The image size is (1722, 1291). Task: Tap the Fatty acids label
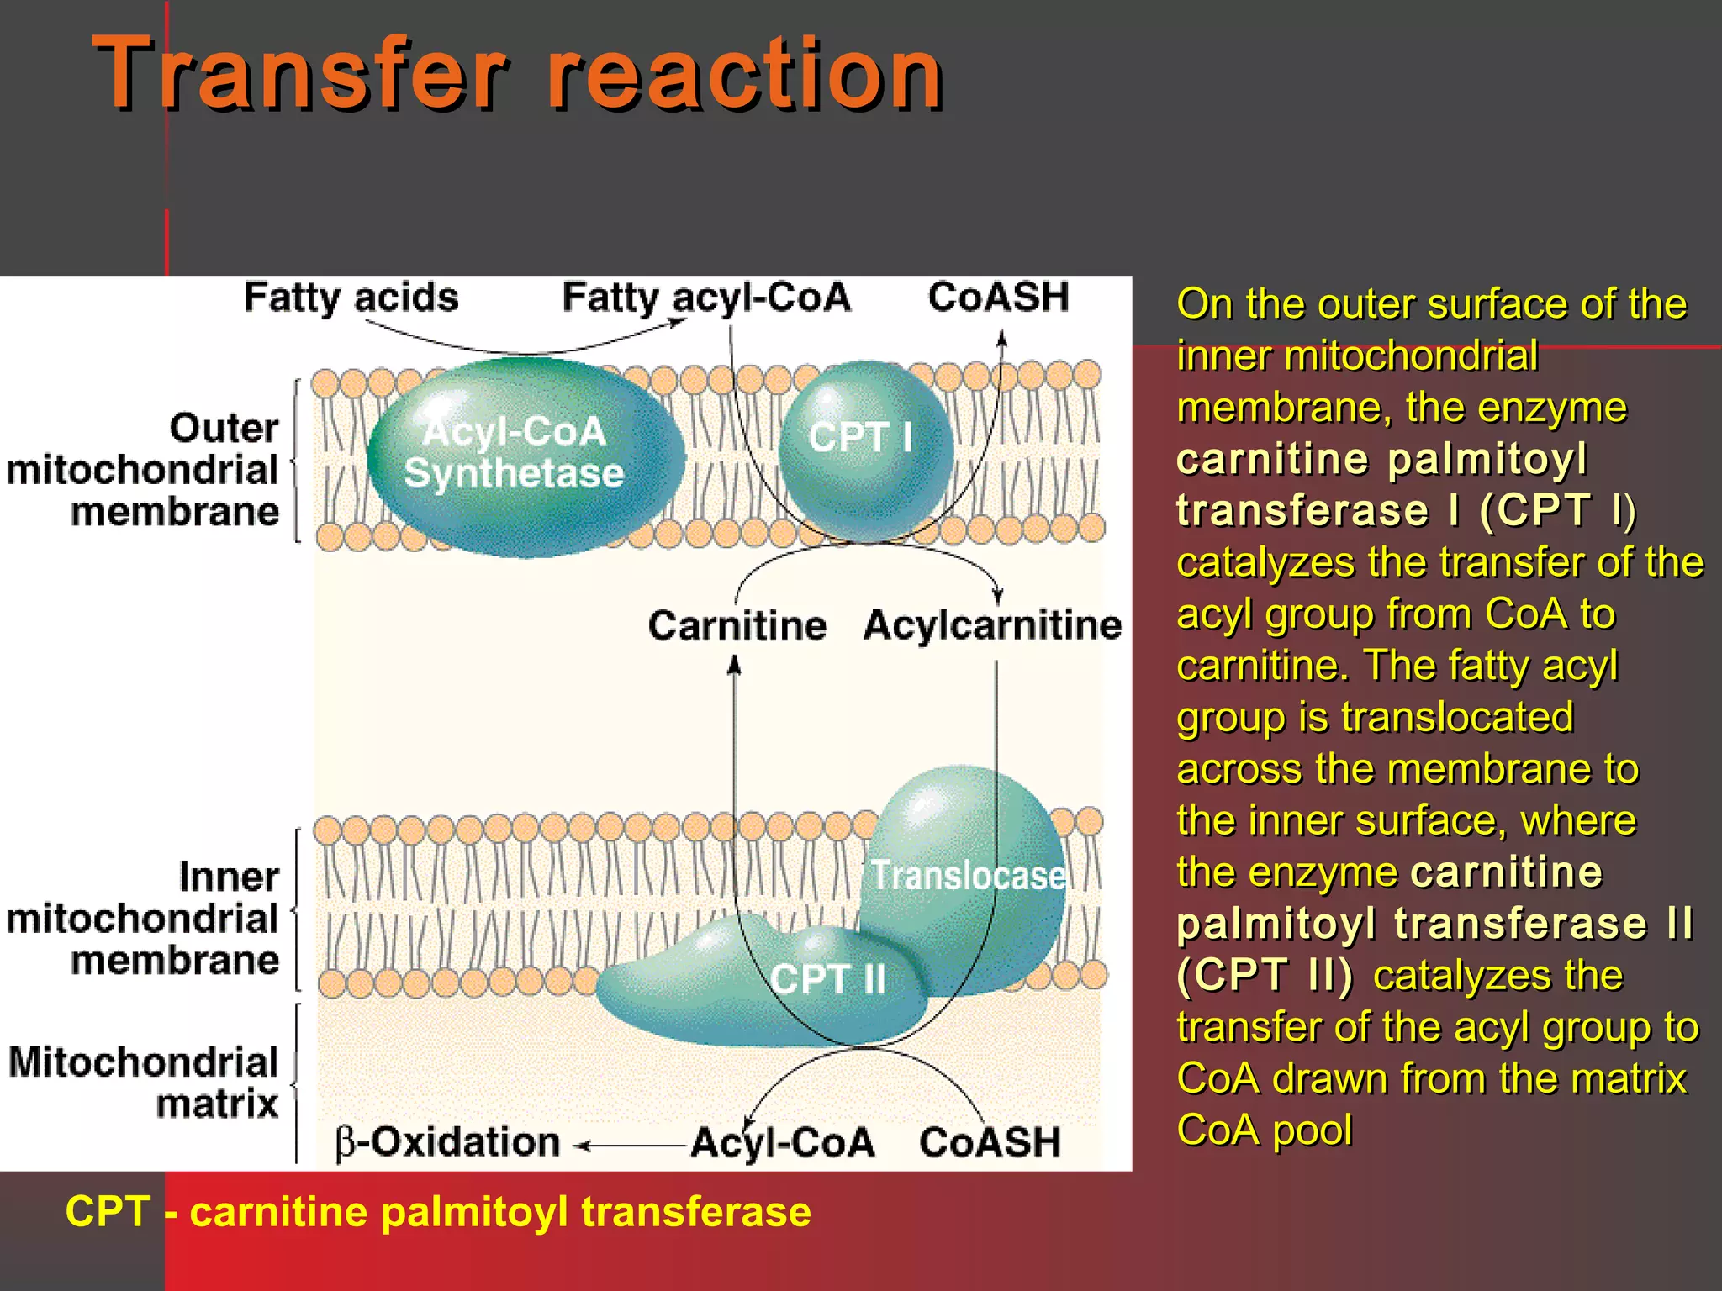(x=351, y=298)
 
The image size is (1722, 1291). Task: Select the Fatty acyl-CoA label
(x=706, y=298)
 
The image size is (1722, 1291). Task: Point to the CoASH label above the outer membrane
(x=998, y=298)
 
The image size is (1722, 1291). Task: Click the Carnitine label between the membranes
(x=737, y=626)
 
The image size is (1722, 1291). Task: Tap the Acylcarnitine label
(x=992, y=626)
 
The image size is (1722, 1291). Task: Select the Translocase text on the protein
(x=967, y=876)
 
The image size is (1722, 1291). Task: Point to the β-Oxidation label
(x=448, y=1143)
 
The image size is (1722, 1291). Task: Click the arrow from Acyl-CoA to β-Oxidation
(x=631, y=1145)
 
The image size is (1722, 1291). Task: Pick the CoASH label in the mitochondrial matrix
(x=990, y=1143)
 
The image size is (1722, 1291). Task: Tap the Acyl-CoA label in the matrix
(x=783, y=1143)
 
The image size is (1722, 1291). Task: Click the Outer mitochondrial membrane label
(x=143, y=470)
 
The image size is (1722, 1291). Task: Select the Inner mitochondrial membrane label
(x=143, y=919)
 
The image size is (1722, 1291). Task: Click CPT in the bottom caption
(x=108, y=1212)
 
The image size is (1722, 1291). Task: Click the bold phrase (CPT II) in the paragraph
(x=1265, y=975)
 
